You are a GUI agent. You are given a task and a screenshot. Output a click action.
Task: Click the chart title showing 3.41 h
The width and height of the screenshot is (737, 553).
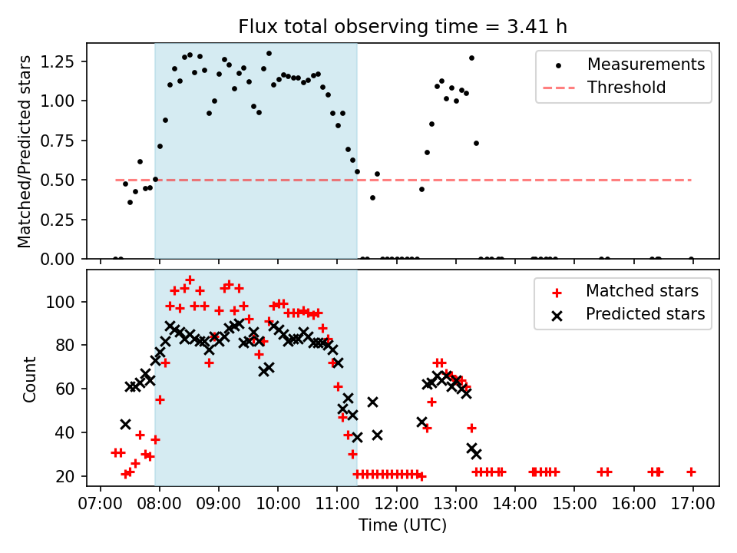click(x=402, y=26)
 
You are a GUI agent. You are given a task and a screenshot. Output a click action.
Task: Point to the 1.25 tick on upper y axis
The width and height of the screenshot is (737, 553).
click(x=58, y=61)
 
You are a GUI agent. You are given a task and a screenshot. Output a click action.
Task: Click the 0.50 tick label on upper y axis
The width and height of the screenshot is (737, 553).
click(x=58, y=180)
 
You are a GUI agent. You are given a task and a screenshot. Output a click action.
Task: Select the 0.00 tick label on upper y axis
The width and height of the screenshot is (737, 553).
click(x=58, y=259)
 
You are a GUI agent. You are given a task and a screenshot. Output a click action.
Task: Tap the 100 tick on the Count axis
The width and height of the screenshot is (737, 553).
click(x=60, y=301)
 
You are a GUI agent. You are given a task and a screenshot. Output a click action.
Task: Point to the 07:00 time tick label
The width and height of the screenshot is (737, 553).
click(x=100, y=504)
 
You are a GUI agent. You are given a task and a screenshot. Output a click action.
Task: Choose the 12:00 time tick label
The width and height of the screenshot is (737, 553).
click(x=397, y=504)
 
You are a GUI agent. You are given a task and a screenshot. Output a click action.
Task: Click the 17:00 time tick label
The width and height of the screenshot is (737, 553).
click(x=692, y=504)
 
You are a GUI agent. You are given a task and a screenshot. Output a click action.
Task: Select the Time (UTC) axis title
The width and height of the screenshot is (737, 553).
click(x=402, y=525)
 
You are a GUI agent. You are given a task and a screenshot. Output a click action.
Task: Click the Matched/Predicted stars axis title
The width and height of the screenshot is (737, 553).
click(x=25, y=151)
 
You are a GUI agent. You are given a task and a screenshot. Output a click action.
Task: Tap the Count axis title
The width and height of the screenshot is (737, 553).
click(x=29, y=379)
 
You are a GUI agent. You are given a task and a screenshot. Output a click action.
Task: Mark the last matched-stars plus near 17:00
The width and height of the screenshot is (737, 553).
click(x=691, y=472)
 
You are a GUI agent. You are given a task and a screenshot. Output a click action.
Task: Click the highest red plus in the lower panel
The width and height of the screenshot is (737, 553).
click(x=190, y=280)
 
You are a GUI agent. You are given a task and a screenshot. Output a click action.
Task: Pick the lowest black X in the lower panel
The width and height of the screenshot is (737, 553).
click(x=476, y=454)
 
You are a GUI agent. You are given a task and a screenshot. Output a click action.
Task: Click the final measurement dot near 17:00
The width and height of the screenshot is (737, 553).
click(x=691, y=259)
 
